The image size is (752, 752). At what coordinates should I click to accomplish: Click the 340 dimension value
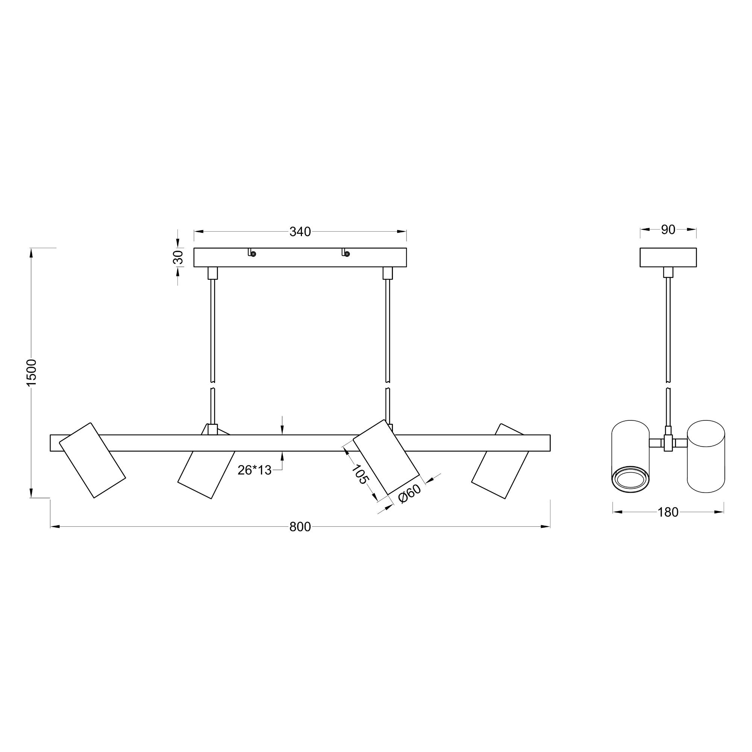click(300, 232)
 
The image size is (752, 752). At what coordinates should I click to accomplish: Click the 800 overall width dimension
click(300, 527)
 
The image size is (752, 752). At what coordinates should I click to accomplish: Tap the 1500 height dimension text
click(31, 373)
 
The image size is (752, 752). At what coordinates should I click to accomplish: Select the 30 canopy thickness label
click(178, 257)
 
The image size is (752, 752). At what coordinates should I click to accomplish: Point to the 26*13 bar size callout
click(255, 470)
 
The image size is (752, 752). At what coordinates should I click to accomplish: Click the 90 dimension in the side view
click(668, 230)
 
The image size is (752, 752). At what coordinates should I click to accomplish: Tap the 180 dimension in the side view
click(668, 512)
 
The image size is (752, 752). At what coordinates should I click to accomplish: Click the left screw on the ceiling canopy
click(253, 254)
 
